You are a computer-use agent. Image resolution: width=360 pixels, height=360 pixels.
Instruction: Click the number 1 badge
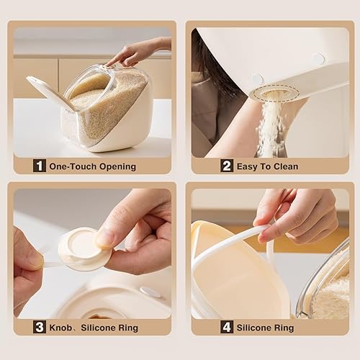pyautogui.click(x=40, y=166)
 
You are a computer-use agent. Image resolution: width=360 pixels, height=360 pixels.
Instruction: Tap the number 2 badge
pyautogui.click(x=227, y=166)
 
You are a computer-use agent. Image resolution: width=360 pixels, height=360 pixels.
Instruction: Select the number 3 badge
pyautogui.click(x=40, y=328)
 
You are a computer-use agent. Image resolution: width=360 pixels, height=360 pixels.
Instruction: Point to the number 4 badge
pyautogui.click(x=225, y=328)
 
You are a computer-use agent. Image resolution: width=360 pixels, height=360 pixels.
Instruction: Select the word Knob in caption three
pyautogui.click(x=61, y=328)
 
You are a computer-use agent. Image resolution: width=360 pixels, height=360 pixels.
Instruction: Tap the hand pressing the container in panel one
pyautogui.click(x=137, y=52)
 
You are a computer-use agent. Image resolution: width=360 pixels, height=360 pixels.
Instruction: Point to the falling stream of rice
pyautogui.click(x=271, y=130)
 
